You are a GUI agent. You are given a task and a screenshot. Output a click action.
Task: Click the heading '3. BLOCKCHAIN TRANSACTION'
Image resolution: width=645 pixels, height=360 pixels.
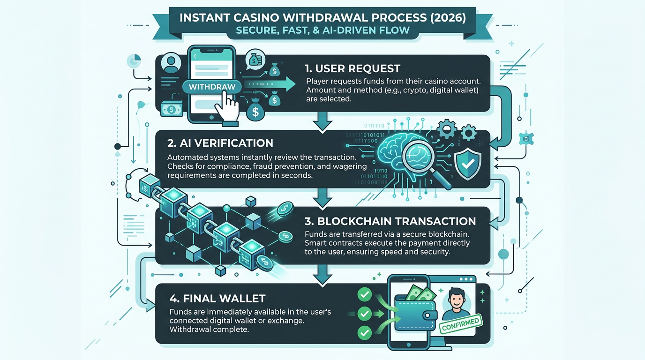(x=390, y=221)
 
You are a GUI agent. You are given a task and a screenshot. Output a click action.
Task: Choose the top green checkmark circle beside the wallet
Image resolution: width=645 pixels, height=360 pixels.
(x=364, y=294)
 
